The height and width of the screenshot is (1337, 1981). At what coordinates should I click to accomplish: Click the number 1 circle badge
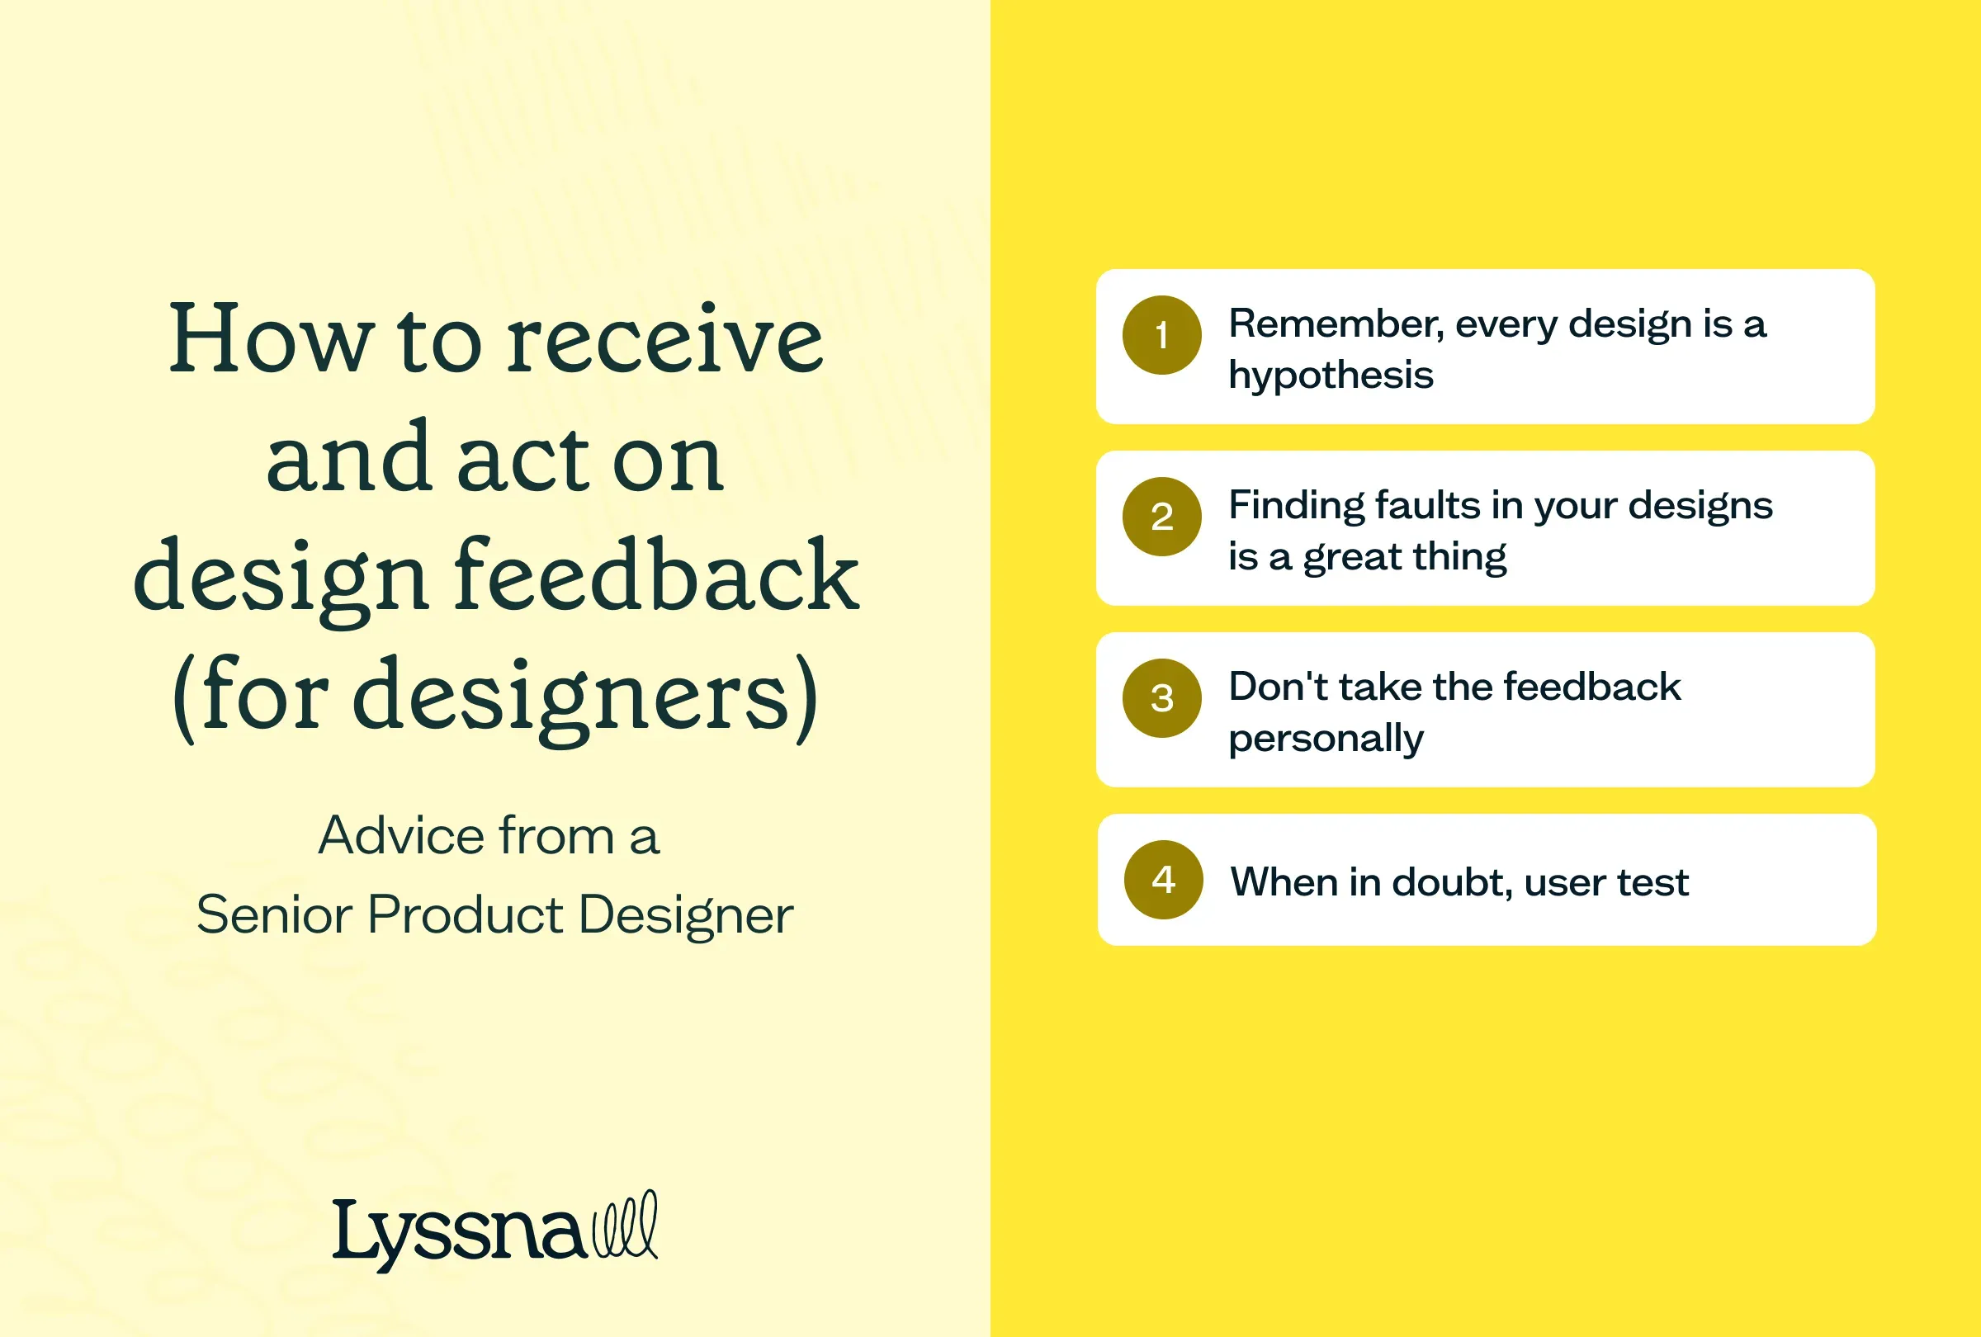click(1162, 335)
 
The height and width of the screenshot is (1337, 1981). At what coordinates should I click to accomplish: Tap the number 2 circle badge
click(1162, 517)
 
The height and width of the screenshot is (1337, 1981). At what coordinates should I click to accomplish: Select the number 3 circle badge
click(1162, 698)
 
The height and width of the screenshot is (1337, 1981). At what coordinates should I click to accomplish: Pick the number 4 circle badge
click(1164, 880)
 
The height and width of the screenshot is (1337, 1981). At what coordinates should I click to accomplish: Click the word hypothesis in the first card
click(1331, 375)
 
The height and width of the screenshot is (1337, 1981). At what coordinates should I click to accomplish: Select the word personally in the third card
click(1326, 739)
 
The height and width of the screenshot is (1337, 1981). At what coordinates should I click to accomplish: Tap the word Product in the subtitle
click(466, 914)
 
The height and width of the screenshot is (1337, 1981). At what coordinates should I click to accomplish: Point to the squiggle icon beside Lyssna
click(626, 1225)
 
